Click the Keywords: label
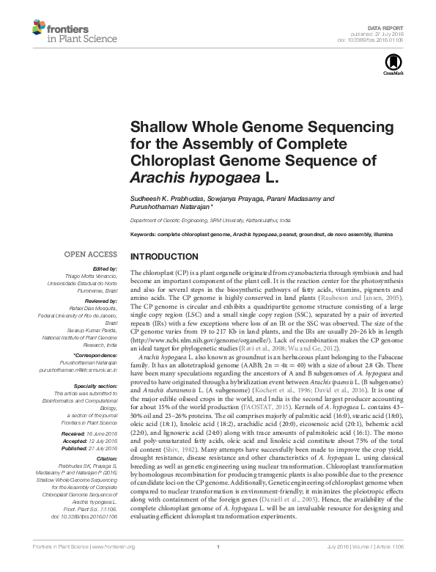tap(145, 233)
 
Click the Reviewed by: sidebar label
tap(99, 301)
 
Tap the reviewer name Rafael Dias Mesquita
tap(92, 308)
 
